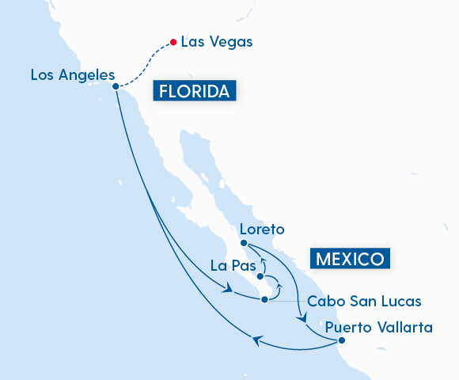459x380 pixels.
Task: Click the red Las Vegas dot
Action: (x=173, y=42)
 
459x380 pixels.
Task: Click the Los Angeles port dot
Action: (x=116, y=86)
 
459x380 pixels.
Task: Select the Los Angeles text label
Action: (x=73, y=75)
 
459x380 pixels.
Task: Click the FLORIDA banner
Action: (x=195, y=92)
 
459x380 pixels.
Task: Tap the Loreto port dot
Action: (x=244, y=242)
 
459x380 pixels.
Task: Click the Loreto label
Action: (x=262, y=230)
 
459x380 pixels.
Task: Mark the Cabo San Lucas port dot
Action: (x=265, y=299)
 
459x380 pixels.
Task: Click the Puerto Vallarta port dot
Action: (x=341, y=340)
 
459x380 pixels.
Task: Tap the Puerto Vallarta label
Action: (x=379, y=326)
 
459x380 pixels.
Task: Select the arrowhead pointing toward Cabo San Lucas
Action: (x=229, y=291)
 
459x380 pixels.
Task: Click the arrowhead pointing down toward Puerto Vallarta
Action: (x=302, y=319)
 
